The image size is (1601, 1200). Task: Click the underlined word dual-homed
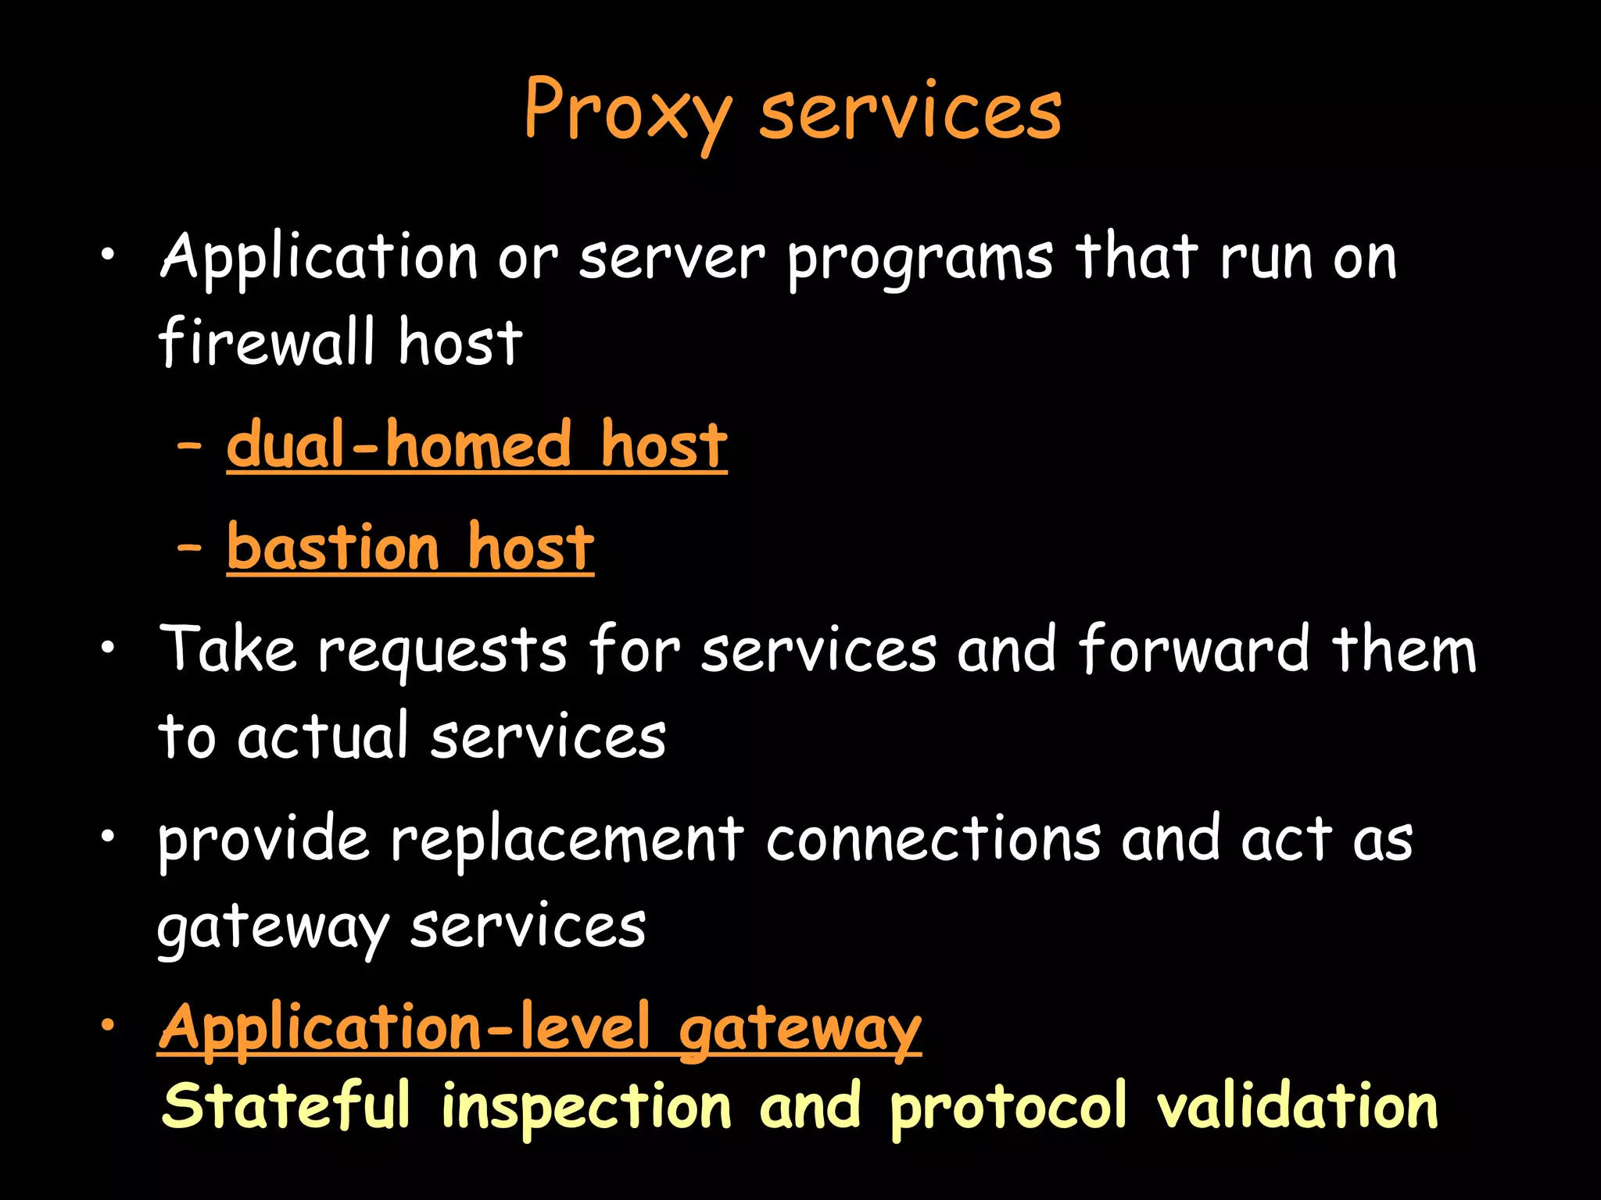coord(399,445)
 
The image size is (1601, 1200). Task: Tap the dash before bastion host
coord(189,548)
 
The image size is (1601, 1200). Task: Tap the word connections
coord(933,840)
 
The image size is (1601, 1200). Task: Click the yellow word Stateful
coord(285,1105)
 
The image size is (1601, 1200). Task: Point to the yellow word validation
coord(1297,1105)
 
